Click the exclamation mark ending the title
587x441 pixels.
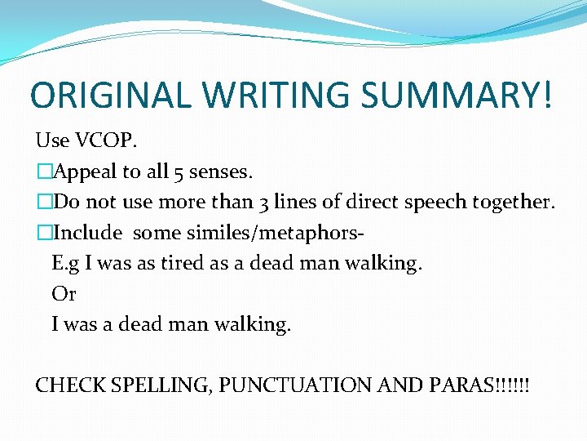point(545,96)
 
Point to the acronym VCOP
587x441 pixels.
point(107,140)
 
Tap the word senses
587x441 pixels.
point(221,171)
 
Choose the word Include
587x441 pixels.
point(86,233)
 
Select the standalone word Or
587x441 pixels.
point(64,294)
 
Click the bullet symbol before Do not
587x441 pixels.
point(43,202)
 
